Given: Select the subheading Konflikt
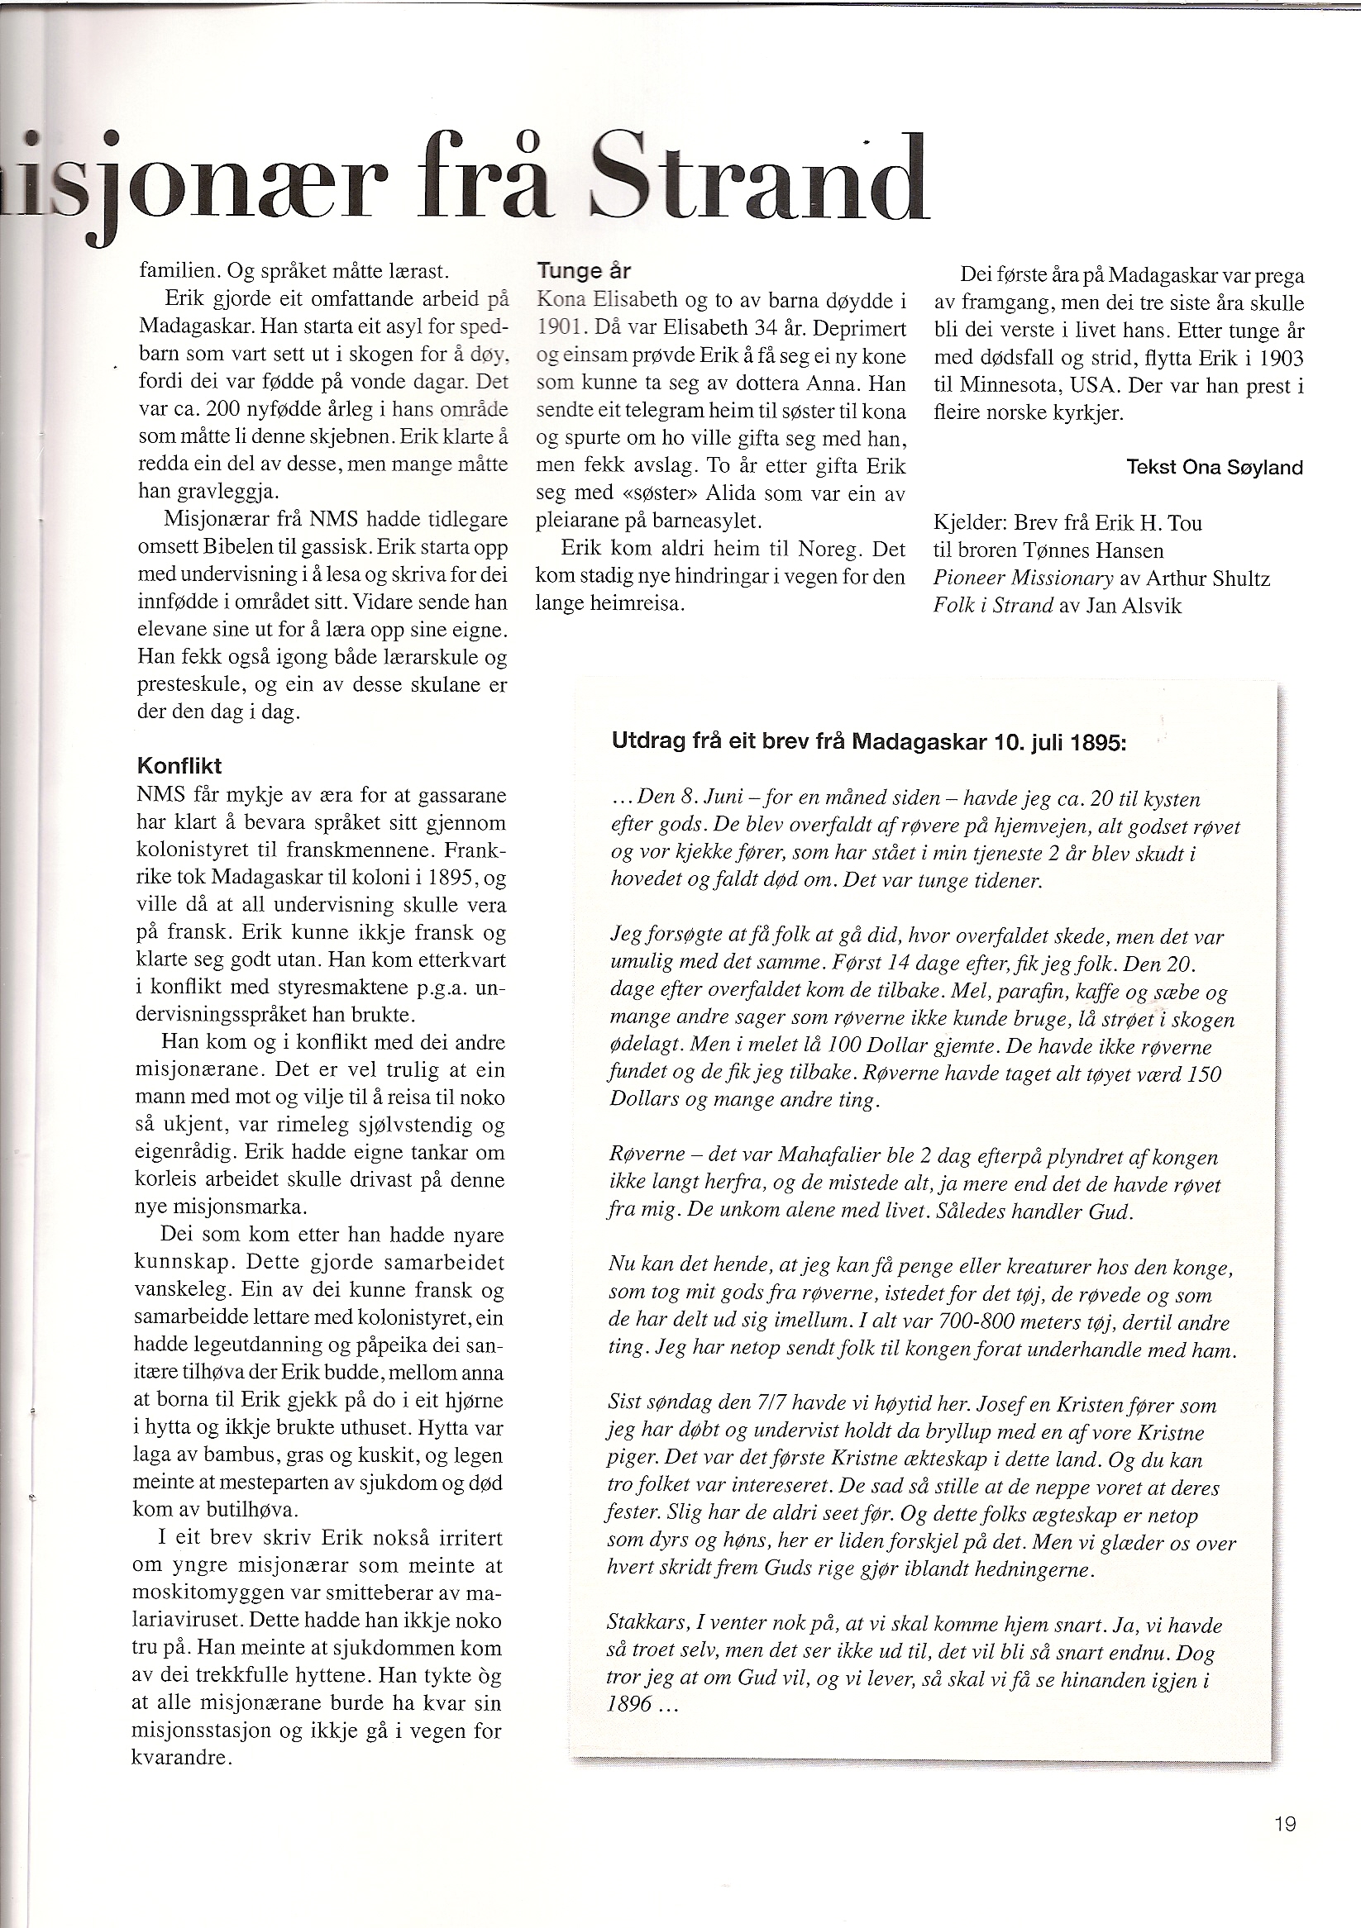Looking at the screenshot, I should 178,766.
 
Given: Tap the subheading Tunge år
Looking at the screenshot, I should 583,271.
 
